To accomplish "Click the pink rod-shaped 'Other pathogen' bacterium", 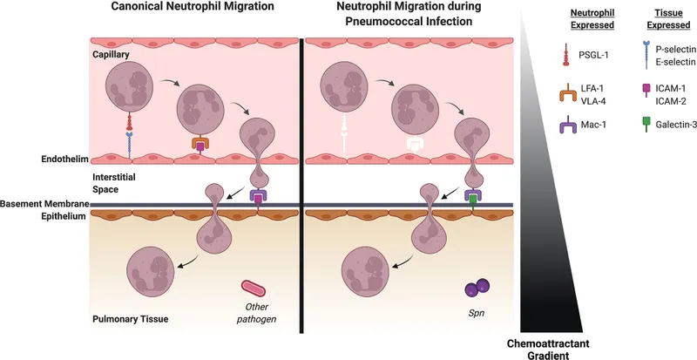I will click(254, 289).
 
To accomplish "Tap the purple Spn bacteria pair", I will click(476, 289).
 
